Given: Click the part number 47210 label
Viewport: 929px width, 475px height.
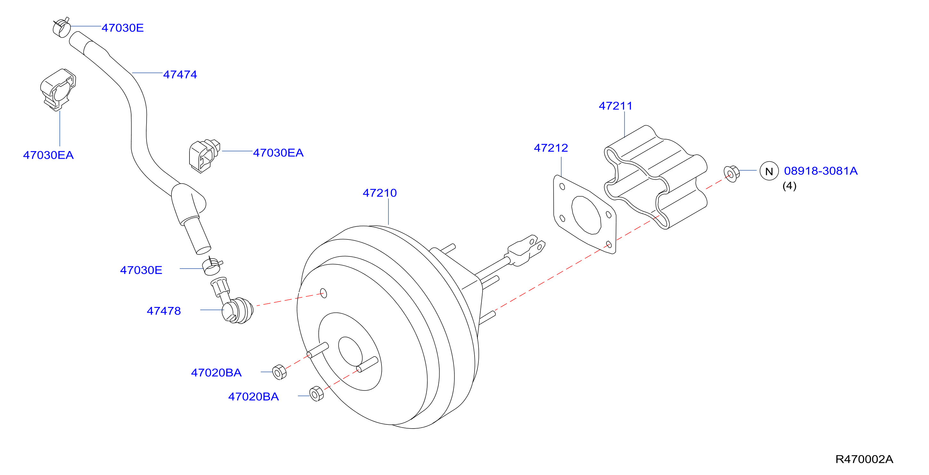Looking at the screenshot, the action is pos(380,193).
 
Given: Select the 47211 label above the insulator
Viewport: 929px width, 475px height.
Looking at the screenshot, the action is pos(615,106).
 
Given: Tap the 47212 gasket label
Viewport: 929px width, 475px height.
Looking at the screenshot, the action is pos(551,148).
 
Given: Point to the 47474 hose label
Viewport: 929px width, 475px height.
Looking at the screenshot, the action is pos(180,74).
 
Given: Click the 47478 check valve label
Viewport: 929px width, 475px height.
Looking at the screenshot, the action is pos(164,311).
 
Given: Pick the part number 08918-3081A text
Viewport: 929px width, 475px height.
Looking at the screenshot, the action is pos(821,171).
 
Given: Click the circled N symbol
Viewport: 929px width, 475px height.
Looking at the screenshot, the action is pos(769,171).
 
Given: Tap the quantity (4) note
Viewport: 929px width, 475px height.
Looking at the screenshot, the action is pos(789,186).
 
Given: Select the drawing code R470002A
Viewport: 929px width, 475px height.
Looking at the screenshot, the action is pos(864,459).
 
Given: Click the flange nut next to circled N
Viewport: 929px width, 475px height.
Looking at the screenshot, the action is pos(731,174).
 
